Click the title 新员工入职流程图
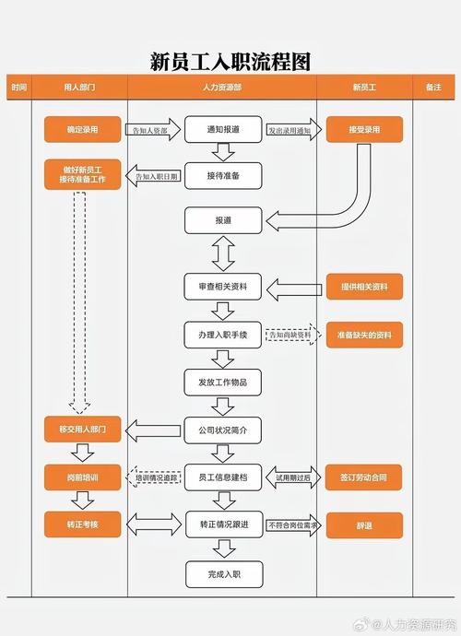(x=230, y=62)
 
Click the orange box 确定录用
(x=83, y=130)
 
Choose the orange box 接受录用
(x=364, y=130)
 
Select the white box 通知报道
(x=223, y=130)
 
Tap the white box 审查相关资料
(x=223, y=288)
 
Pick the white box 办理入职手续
(x=223, y=335)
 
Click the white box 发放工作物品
(x=223, y=382)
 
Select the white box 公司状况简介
(x=223, y=430)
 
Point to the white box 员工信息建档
(x=223, y=477)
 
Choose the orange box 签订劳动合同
(x=364, y=477)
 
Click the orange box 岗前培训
(x=83, y=477)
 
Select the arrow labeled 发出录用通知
(x=290, y=131)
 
